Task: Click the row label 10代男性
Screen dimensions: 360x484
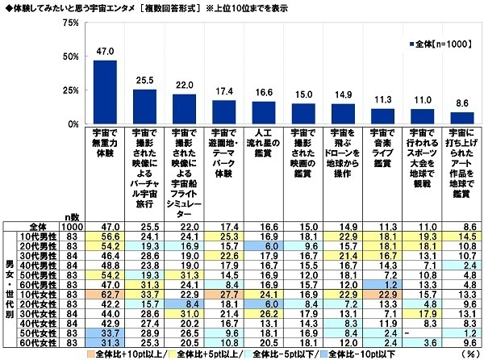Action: tap(41, 237)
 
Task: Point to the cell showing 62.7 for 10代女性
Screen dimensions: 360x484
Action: tap(105, 294)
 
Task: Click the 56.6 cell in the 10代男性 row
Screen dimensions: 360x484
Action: tap(105, 237)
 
